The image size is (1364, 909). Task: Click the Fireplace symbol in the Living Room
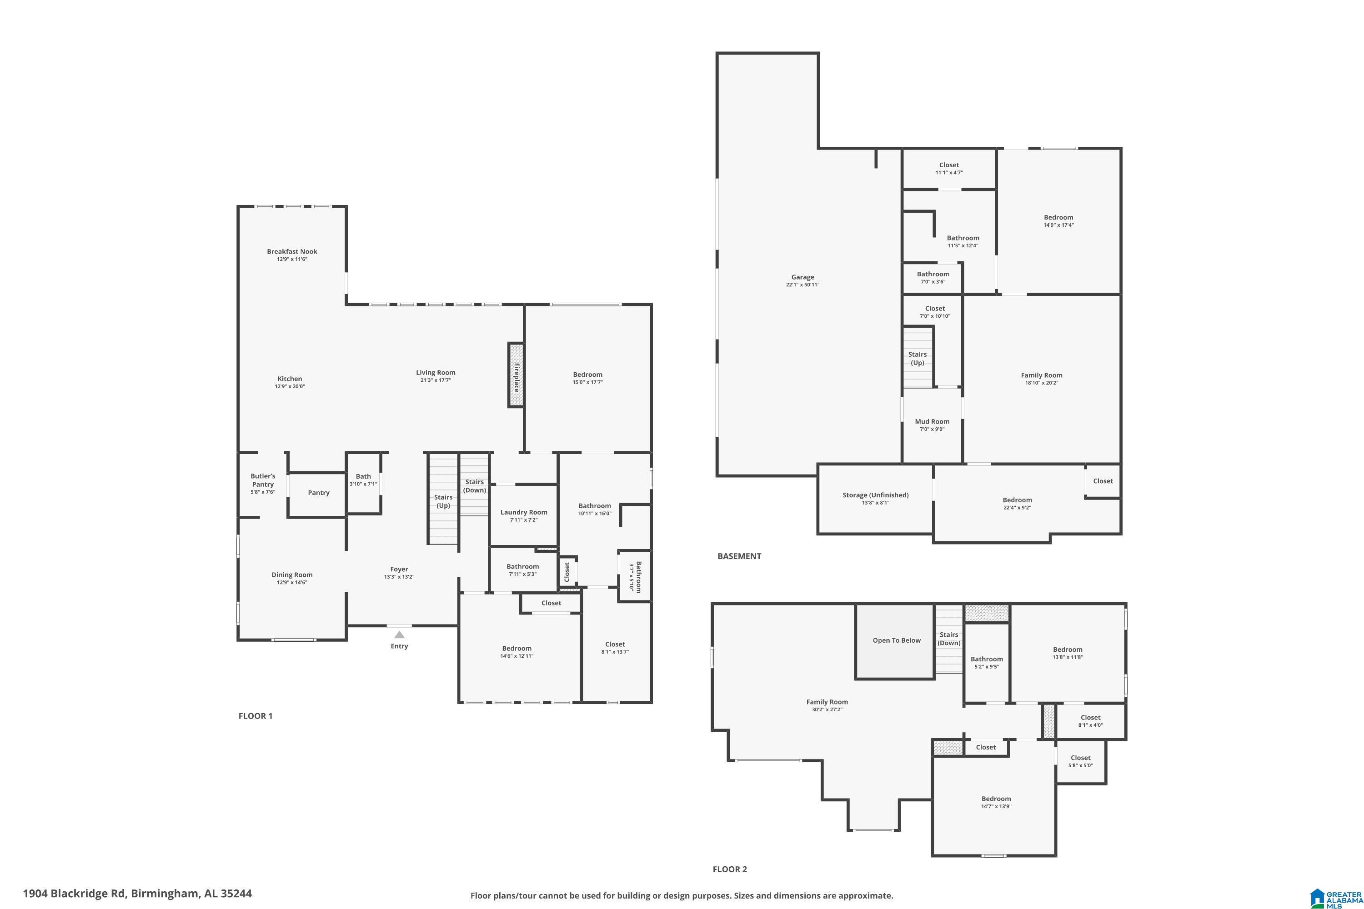coord(516,375)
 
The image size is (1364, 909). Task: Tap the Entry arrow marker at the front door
coord(399,635)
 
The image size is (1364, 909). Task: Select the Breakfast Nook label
coord(292,252)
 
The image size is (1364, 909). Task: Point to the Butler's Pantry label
coord(263,480)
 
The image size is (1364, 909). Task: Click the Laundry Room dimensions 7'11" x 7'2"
coord(524,520)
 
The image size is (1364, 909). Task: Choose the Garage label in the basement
coord(802,277)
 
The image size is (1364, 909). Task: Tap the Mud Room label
coord(932,421)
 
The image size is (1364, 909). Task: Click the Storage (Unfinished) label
coord(875,495)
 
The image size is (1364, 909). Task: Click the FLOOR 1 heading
coord(255,716)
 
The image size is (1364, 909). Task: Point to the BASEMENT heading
coord(739,556)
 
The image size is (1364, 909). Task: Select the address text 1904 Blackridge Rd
coord(74,894)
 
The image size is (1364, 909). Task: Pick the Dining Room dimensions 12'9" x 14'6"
coord(292,583)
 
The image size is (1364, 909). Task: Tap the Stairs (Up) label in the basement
coord(917,358)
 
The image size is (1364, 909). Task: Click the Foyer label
coord(399,569)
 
